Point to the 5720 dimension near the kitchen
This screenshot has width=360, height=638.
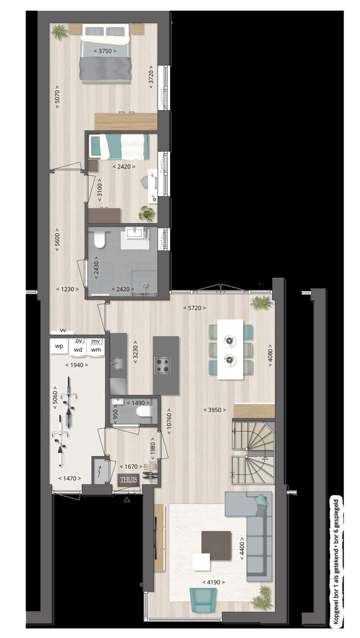pyautogui.click(x=194, y=308)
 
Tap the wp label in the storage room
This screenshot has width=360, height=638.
pyautogui.click(x=59, y=346)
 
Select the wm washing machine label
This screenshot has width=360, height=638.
pyautogui.click(x=96, y=349)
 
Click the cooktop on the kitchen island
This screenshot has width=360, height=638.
pyautogui.click(x=163, y=366)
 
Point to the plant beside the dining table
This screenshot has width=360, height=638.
pyautogui.click(x=261, y=302)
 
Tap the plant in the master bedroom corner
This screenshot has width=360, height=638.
pyautogui.click(x=59, y=32)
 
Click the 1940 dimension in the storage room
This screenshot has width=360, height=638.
pyautogui.click(x=77, y=365)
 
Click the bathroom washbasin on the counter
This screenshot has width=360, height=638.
pyautogui.click(x=134, y=233)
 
